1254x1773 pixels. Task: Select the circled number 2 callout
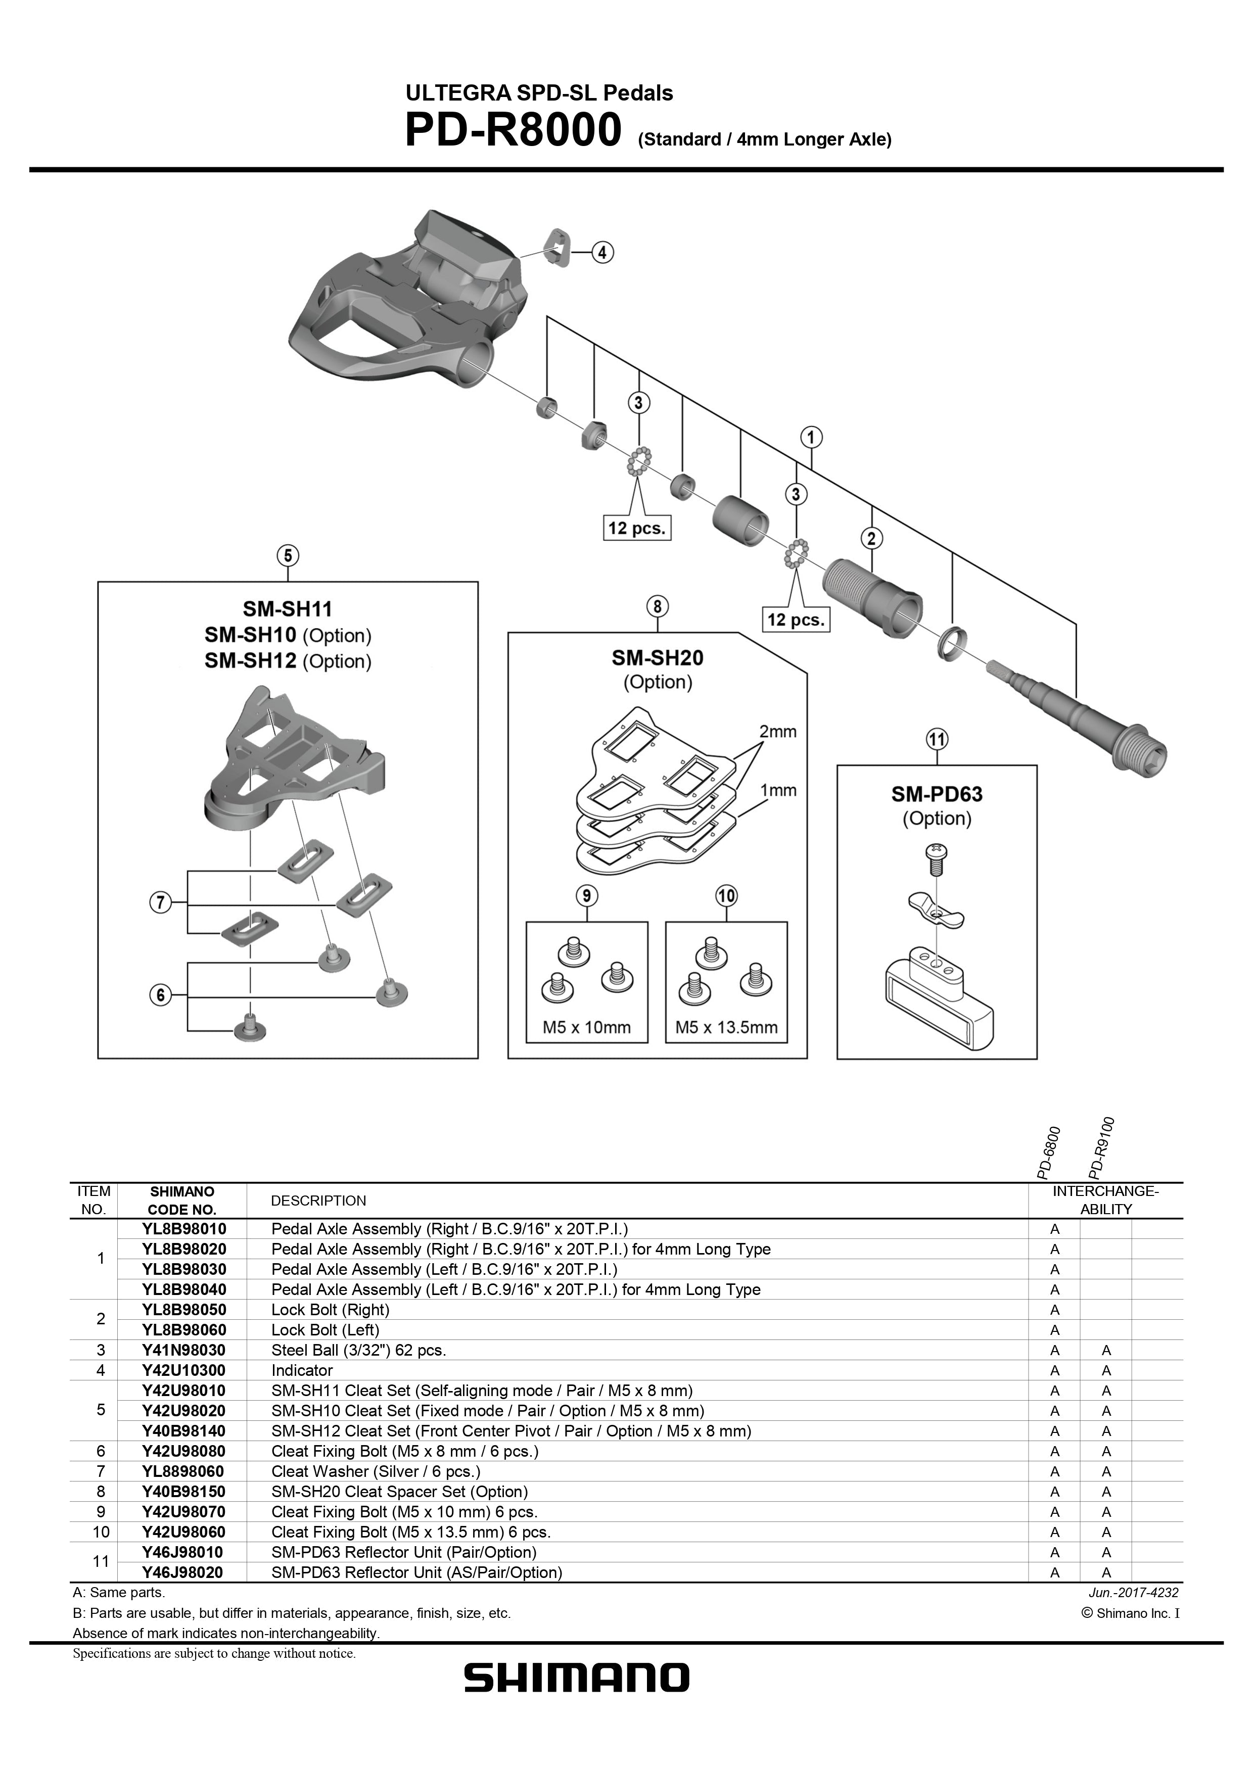(x=871, y=538)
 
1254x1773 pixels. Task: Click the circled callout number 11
(x=937, y=740)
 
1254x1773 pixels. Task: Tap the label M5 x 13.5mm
(x=726, y=1027)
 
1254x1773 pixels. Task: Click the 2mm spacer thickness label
(x=777, y=731)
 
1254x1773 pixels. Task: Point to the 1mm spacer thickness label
(x=777, y=790)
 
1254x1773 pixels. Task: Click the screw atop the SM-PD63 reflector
(x=936, y=856)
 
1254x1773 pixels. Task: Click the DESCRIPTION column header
(x=318, y=1201)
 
